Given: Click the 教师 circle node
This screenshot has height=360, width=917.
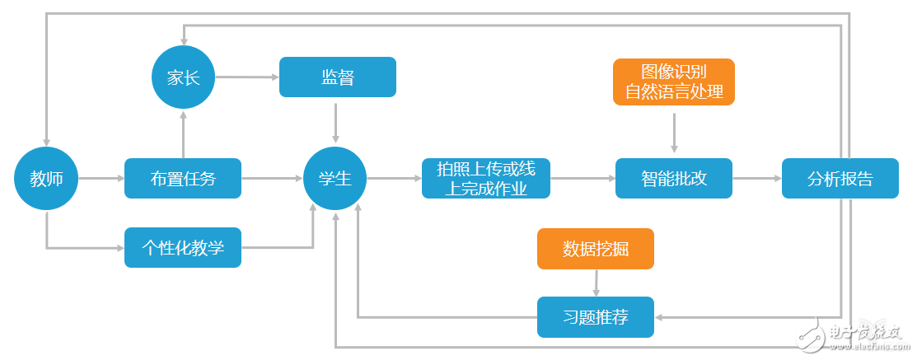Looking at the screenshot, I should [46, 178].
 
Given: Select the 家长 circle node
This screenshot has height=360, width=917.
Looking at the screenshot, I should [183, 77].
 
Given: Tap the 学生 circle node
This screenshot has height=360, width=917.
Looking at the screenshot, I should [335, 178].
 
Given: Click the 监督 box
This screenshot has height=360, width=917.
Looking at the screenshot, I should [338, 77].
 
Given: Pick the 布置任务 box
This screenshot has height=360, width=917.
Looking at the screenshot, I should [183, 178].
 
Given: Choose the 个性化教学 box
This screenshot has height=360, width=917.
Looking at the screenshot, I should [183, 247].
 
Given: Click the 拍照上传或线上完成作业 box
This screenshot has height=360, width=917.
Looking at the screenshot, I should [485, 178].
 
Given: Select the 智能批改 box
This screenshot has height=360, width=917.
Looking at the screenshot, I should [673, 178].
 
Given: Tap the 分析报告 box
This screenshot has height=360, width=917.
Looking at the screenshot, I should [840, 178].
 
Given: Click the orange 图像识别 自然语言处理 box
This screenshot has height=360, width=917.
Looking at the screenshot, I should [673, 82].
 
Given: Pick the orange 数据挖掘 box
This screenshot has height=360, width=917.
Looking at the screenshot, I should [595, 249].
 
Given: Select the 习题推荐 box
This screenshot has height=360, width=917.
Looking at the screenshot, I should [595, 317].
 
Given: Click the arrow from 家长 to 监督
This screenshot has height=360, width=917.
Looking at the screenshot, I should [246, 77].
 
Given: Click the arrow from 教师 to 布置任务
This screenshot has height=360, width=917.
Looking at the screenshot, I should [101, 178].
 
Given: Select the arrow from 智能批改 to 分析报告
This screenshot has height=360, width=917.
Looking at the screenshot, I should [756, 178].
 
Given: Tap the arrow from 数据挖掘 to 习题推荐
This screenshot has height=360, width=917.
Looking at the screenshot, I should [595, 283].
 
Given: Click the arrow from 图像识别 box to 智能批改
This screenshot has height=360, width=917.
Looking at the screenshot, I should [674, 132].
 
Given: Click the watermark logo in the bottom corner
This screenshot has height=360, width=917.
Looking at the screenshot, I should [858, 333].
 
